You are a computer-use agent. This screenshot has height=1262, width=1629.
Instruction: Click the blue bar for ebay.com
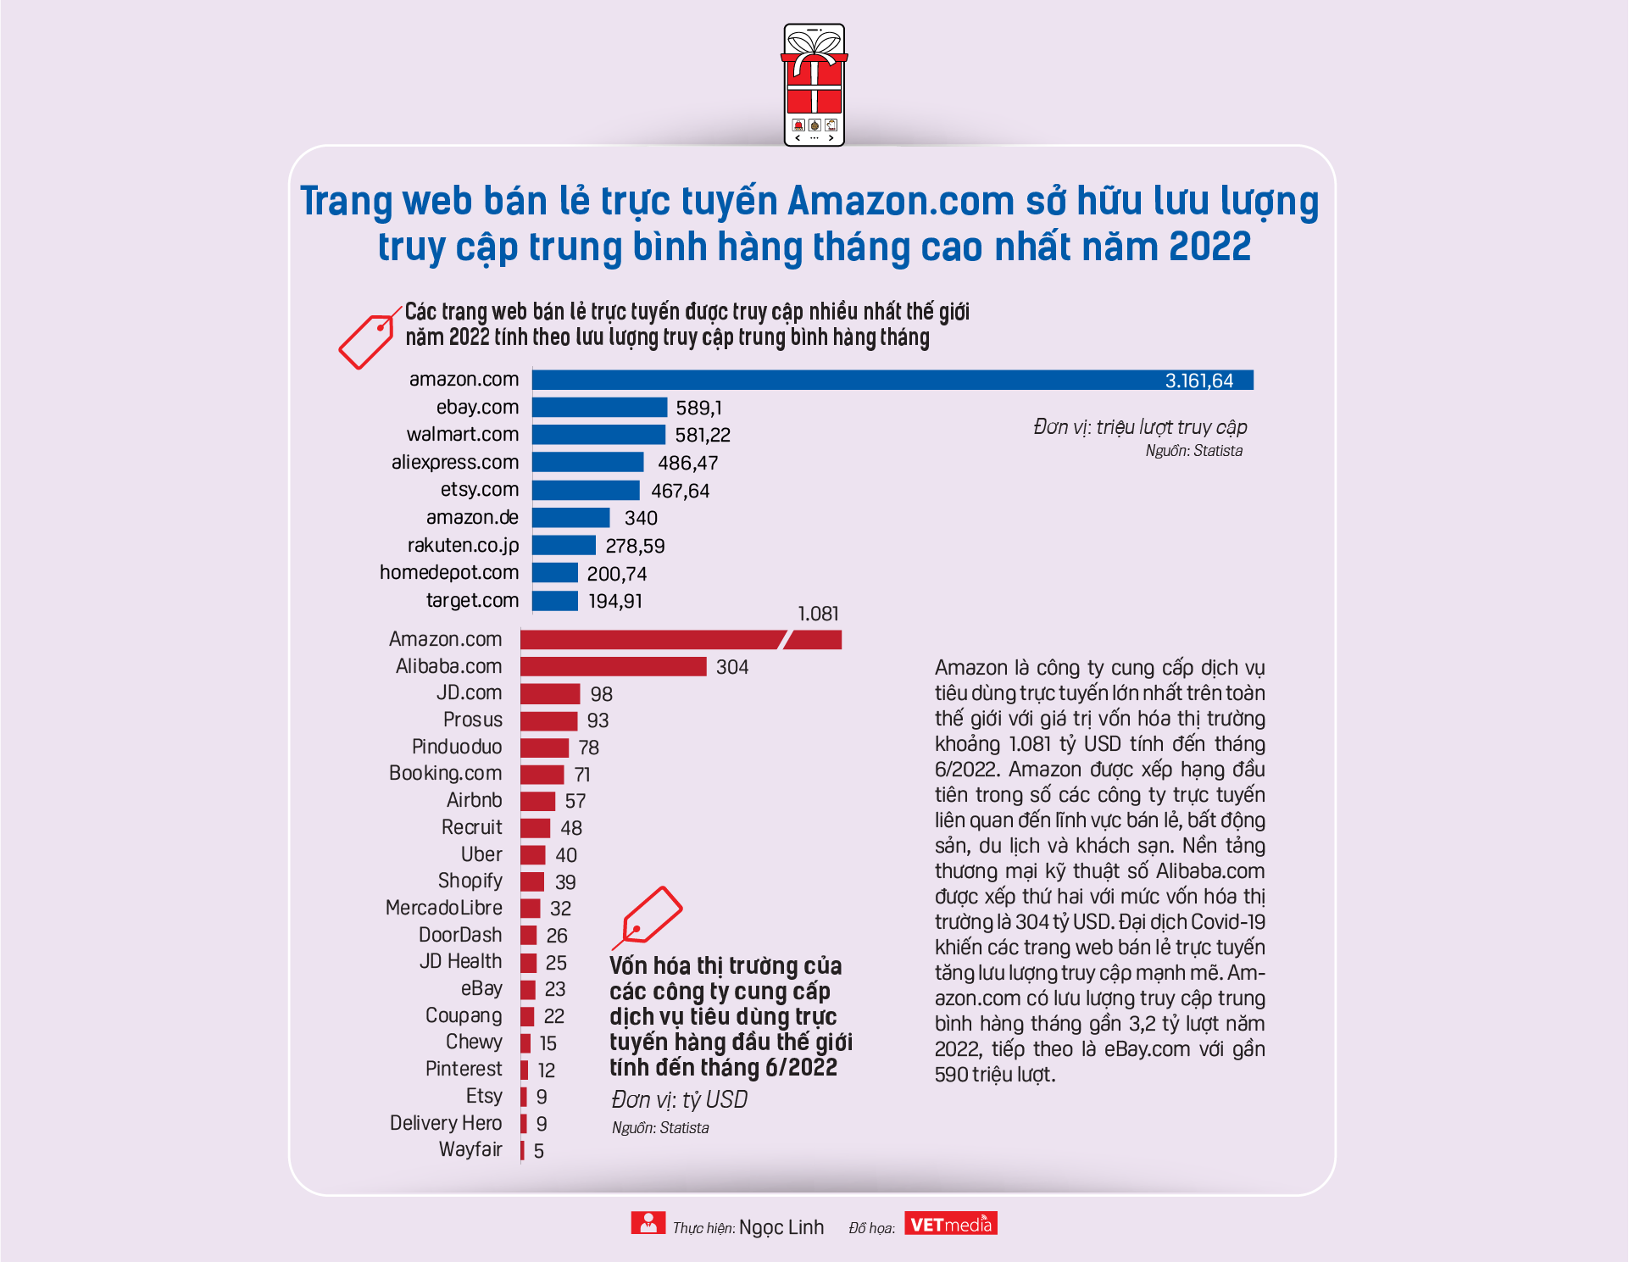(599, 408)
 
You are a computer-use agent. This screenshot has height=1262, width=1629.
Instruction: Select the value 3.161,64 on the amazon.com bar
(1198, 381)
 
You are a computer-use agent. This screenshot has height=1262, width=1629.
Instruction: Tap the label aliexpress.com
(455, 463)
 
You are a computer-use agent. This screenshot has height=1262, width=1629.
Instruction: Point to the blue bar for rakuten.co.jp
(564, 545)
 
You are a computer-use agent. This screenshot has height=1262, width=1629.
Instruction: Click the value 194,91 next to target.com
(615, 601)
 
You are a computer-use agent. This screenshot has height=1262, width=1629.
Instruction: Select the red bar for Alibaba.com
(613, 666)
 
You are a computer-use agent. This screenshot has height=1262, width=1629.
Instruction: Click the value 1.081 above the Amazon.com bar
(818, 614)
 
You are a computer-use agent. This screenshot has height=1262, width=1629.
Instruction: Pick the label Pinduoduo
(457, 747)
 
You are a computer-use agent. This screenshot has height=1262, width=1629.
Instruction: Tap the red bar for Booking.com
(542, 774)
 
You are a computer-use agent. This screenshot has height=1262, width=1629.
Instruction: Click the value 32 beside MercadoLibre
(560, 909)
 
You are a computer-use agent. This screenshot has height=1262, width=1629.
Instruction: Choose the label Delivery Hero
(446, 1123)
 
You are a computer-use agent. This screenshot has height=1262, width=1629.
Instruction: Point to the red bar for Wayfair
(522, 1150)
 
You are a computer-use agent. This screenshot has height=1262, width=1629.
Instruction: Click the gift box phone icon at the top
(814, 85)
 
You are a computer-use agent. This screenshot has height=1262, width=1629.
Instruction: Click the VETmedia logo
(951, 1224)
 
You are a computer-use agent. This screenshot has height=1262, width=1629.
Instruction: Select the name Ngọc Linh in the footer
(781, 1227)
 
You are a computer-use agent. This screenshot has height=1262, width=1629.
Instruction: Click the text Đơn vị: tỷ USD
(679, 1100)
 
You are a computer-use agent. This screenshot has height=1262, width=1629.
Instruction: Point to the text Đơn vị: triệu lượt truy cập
(1140, 427)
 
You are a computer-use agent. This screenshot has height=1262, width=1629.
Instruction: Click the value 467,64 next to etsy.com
(680, 491)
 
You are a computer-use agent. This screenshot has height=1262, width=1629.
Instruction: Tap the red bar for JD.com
(550, 693)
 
